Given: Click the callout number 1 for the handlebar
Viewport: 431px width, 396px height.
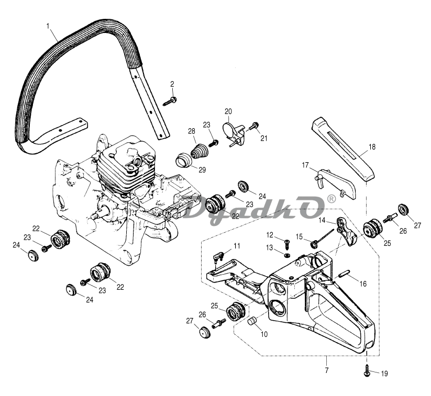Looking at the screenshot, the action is tap(48, 26).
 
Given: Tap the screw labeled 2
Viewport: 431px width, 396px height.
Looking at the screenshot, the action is tap(170, 101).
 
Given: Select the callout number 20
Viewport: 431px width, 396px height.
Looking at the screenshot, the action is tap(228, 111).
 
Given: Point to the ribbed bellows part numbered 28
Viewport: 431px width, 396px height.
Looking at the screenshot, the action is tap(198, 151).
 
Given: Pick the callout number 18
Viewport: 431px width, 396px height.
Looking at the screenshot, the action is tap(372, 147).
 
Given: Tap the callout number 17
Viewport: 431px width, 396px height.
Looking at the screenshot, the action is tap(305, 165).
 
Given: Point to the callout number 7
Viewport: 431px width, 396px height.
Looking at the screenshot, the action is tap(327, 370).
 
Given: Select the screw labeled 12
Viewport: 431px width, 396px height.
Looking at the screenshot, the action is tap(287, 244).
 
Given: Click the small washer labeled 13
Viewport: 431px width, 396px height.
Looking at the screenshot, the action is tap(287, 256).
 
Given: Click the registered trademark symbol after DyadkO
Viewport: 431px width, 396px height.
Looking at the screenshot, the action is tap(332, 199).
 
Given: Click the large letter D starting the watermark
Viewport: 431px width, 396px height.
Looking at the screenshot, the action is tap(197, 207).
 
